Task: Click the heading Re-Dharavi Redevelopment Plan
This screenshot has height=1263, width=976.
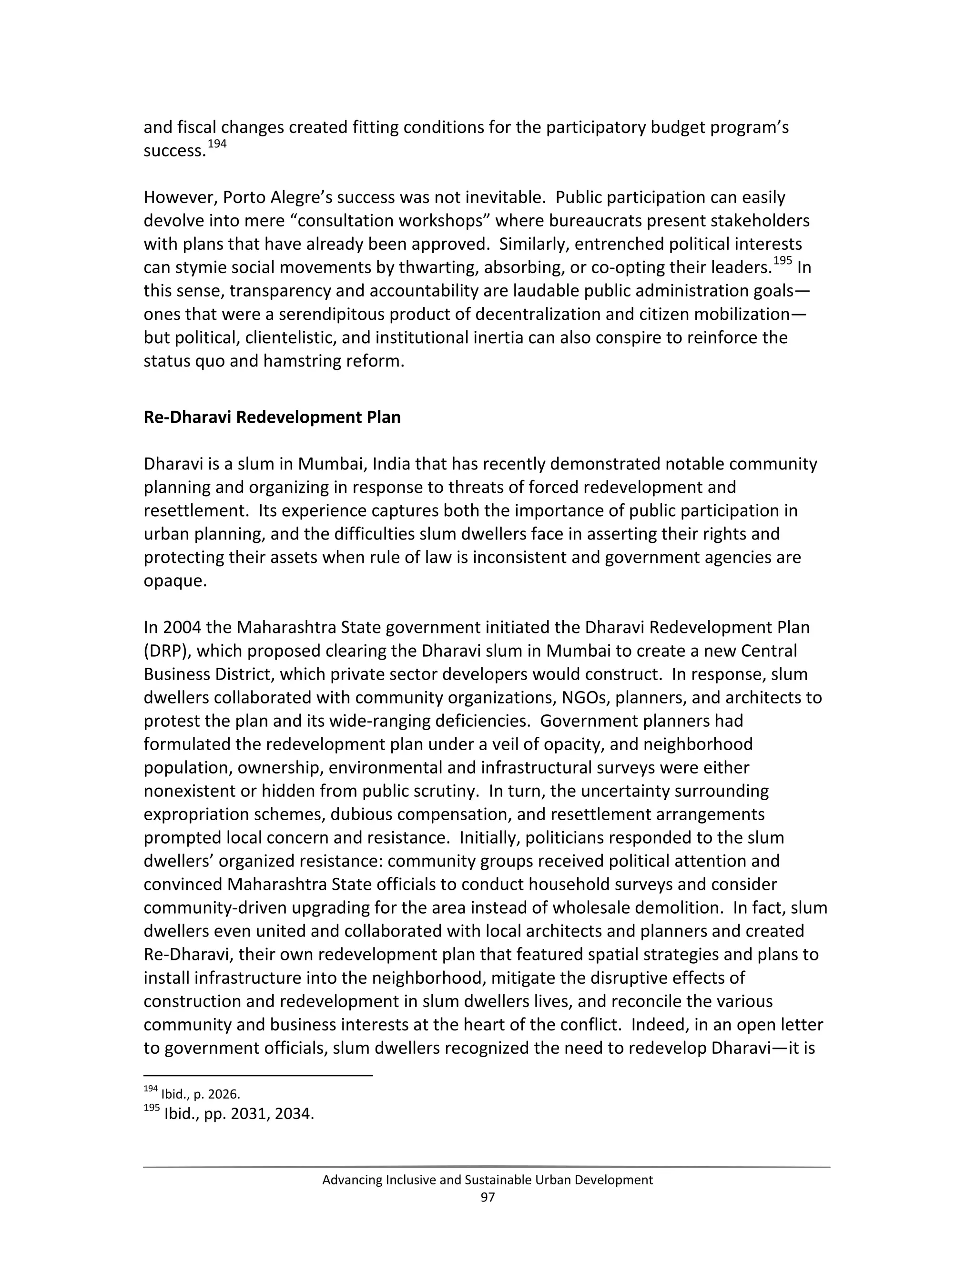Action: [272, 417]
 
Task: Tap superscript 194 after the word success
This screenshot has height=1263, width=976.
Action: [217, 144]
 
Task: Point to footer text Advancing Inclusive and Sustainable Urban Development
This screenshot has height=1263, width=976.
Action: [488, 1180]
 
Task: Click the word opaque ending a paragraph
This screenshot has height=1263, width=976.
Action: [174, 581]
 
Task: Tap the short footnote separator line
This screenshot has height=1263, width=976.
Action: [258, 1076]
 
